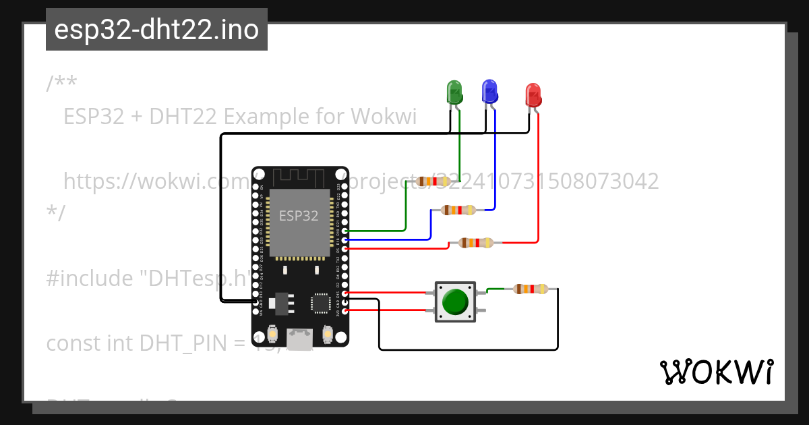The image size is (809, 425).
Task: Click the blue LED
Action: (x=489, y=91)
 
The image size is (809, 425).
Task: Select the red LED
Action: (x=533, y=95)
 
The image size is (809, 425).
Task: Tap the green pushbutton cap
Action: (x=456, y=302)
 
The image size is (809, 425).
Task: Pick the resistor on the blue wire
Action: (x=458, y=210)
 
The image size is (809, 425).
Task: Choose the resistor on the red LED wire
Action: (x=476, y=243)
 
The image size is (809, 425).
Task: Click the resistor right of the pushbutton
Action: (x=531, y=289)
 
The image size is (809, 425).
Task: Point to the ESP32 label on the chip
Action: (x=299, y=216)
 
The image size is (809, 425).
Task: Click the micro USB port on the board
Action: (x=300, y=337)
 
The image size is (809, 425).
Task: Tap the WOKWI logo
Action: (x=716, y=372)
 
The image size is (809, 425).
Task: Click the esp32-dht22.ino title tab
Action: (x=156, y=30)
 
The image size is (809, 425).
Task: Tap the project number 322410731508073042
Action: (x=546, y=181)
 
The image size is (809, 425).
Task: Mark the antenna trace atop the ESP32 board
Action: (x=300, y=178)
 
